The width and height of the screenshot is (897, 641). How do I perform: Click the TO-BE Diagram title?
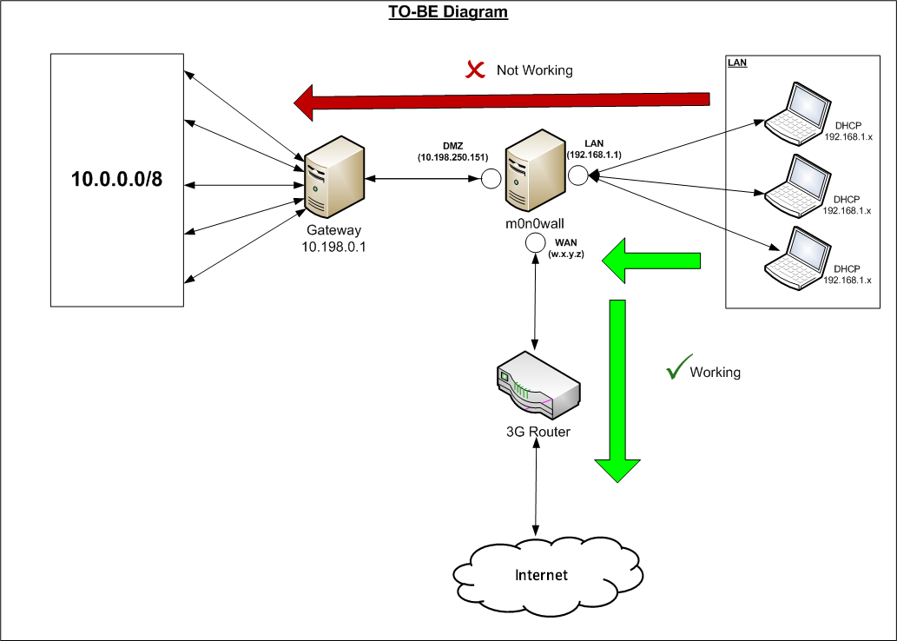(x=448, y=12)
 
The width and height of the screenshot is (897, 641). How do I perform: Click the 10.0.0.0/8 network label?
(x=117, y=180)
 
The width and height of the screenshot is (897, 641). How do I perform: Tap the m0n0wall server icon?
(x=531, y=171)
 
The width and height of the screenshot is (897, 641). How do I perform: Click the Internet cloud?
(x=541, y=574)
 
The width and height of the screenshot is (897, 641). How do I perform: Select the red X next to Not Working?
(x=475, y=69)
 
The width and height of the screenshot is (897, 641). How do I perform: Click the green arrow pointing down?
(x=618, y=390)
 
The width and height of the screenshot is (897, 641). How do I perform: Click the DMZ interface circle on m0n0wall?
(x=491, y=179)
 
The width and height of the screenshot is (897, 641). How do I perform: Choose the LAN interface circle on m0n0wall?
(x=578, y=175)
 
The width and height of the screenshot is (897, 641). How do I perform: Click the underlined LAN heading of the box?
(x=737, y=63)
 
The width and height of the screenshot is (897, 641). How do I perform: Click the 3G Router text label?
(x=538, y=430)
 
